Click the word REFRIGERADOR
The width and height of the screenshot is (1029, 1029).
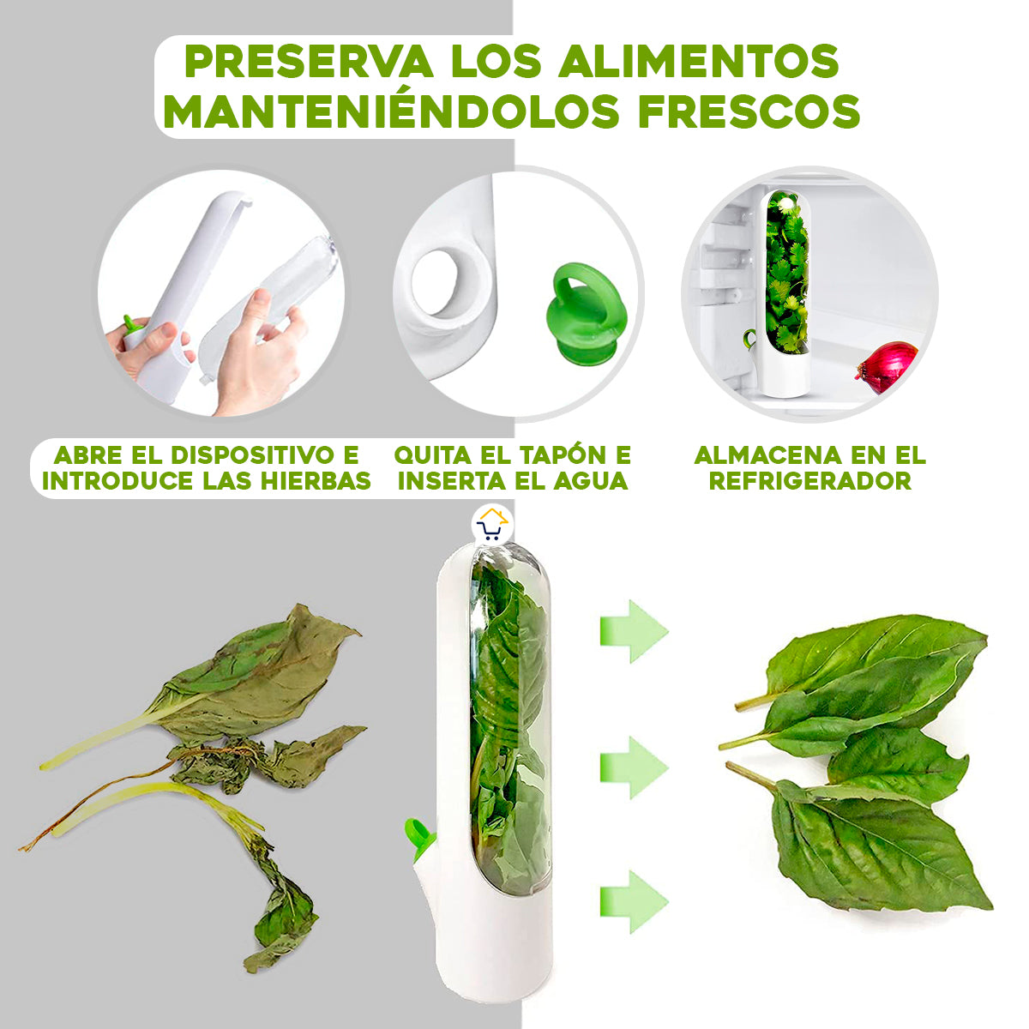coord(809,480)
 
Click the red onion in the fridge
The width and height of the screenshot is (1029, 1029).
coord(888,366)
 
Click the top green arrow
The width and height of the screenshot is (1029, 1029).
coord(633,631)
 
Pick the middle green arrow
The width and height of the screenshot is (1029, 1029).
coord(633,766)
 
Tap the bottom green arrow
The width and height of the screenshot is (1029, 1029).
coord(633,900)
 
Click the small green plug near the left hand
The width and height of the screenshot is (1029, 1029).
coord(131,325)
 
